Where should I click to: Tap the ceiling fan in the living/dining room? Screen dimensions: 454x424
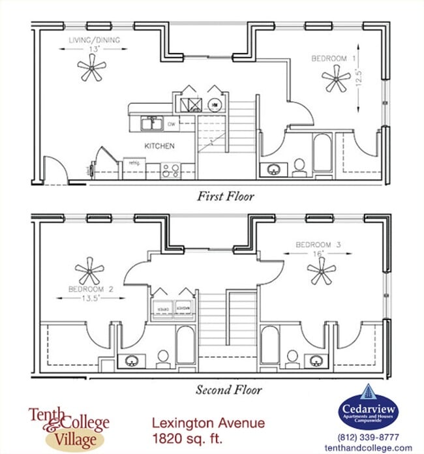click(91, 68)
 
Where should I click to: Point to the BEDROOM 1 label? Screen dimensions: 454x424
click(333, 59)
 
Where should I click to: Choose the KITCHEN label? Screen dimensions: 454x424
click(159, 146)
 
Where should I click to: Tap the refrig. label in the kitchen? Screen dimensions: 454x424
click(134, 162)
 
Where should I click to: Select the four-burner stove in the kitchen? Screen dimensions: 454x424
click(171, 171)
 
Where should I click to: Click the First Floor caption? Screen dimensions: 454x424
click(225, 196)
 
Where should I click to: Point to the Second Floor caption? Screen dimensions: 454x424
click(228, 390)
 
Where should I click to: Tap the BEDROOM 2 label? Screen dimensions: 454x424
click(91, 288)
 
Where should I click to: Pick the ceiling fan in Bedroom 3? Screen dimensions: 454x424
click(321, 270)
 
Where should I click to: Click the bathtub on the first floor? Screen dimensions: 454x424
click(322, 153)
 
